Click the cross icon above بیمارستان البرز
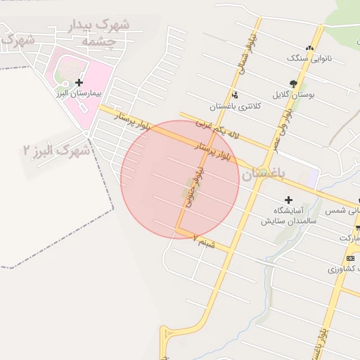tap(79, 82)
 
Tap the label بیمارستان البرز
tap(79, 93)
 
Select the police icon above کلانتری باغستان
tap(234, 96)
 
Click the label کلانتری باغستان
tap(234, 107)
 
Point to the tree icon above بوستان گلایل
tap(293, 82)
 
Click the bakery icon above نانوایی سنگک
tap(309, 47)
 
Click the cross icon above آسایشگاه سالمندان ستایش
tap(288, 200)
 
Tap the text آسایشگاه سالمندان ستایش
tap(289, 216)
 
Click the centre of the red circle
tap(180, 180)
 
